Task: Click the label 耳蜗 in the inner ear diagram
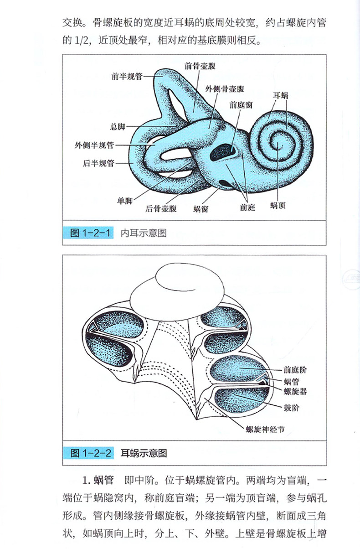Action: point(281,95)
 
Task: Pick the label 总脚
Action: point(118,126)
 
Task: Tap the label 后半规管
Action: point(99,163)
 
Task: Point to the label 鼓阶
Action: point(290,406)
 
